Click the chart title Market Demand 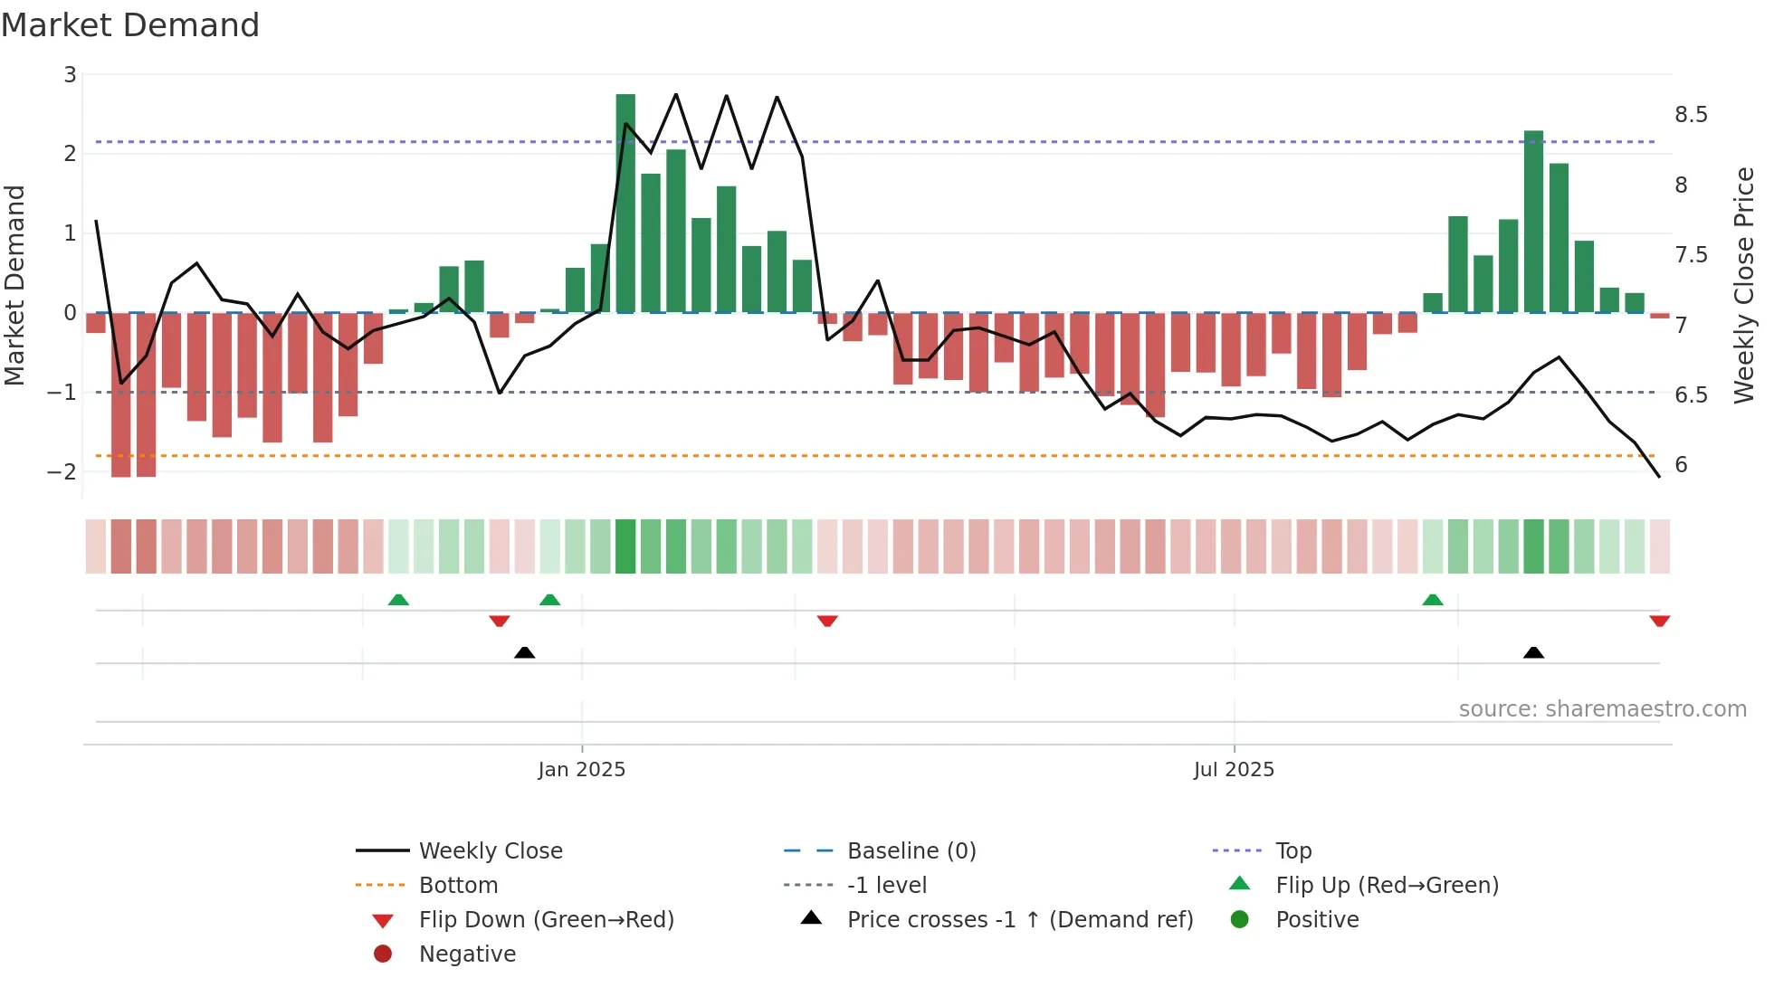click(x=130, y=25)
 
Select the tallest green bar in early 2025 click(x=625, y=204)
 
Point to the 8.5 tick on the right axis click(x=1690, y=115)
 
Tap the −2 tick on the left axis click(x=62, y=471)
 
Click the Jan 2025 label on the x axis click(x=581, y=770)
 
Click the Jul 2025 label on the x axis click(x=1233, y=770)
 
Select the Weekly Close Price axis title click(x=1743, y=285)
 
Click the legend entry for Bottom click(x=458, y=885)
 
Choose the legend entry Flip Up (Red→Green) click(x=1387, y=885)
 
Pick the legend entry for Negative click(x=467, y=954)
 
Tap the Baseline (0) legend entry click(x=911, y=850)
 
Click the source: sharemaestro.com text click(x=1602, y=708)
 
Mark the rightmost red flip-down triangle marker click(x=1659, y=622)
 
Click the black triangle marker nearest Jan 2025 click(x=524, y=652)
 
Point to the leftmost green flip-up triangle click(x=398, y=600)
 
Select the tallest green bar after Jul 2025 click(x=1533, y=222)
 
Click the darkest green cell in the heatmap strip click(x=625, y=546)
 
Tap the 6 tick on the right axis click(x=1681, y=465)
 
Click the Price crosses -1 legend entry click(x=1019, y=919)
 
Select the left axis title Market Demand click(x=14, y=285)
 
